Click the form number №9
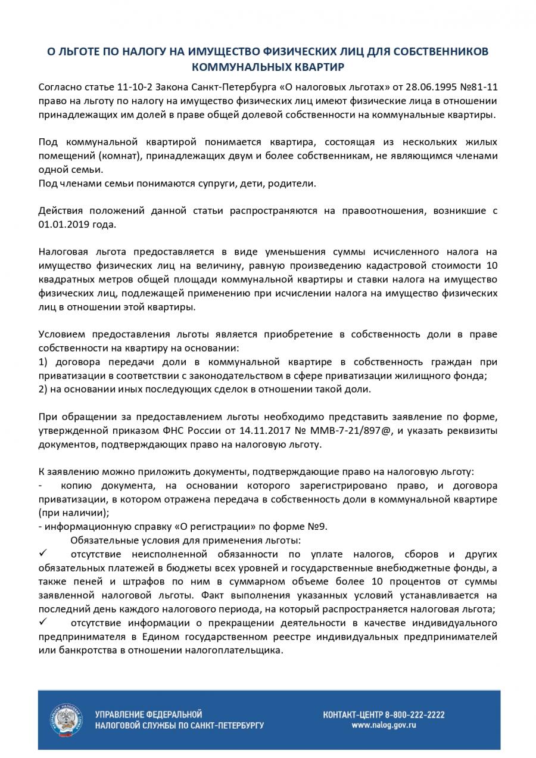click(315, 527)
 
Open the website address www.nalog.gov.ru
click(384, 725)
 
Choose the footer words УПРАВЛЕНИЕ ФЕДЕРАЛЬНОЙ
click(148, 714)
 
